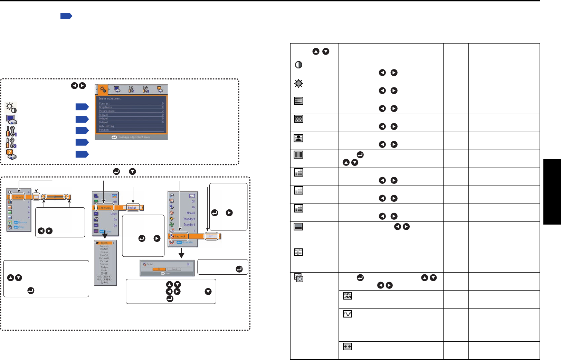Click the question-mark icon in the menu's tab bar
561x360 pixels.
pyautogui.click(x=160, y=89)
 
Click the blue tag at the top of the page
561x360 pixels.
pyautogui.click(x=66, y=16)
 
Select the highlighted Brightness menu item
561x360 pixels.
pyautogui.click(x=18, y=197)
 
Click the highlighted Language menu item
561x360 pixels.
pyautogui.click(x=105, y=208)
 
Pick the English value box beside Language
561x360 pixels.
pyautogui.click(x=132, y=208)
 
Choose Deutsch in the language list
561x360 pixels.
pyautogui.click(x=104, y=249)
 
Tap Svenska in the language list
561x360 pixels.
pyautogui.click(x=104, y=264)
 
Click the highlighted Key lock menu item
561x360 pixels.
pyautogui.click(x=180, y=236)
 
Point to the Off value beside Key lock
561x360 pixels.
pyautogui.click(x=211, y=236)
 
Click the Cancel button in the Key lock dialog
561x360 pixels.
pyautogui.click(x=174, y=269)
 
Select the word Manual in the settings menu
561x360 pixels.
pyautogui.click(x=191, y=213)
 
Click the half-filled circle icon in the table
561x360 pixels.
pyautogui.click(x=298, y=65)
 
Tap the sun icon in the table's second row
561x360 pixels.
pyautogui.click(x=298, y=83)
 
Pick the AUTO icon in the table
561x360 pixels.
pyautogui.click(x=298, y=252)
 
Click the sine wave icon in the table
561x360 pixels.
pyautogui.click(x=347, y=314)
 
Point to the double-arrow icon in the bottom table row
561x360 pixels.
pyautogui.click(x=347, y=346)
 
